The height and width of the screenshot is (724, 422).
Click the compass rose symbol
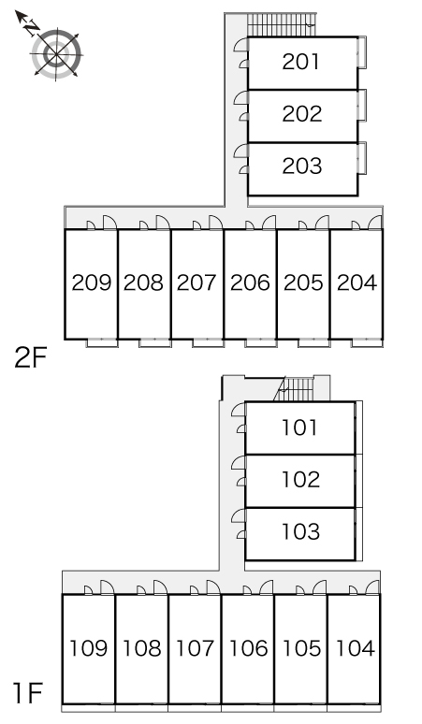click(56, 54)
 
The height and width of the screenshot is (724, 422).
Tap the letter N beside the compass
click(32, 29)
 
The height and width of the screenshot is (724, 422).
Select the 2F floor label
click(31, 357)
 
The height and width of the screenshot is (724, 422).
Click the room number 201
click(300, 62)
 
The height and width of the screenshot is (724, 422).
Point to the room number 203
click(302, 167)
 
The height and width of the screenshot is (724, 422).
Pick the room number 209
click(92, 282)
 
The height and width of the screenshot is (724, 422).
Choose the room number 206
click(250, 282)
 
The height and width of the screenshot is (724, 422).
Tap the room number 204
click(357, 282)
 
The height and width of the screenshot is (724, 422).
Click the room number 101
click(299, 427)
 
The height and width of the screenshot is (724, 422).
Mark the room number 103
click(300, 532)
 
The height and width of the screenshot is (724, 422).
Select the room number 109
click(88, 648)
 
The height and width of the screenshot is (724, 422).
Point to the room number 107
click(196, 648)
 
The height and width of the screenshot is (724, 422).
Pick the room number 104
click(355, 648)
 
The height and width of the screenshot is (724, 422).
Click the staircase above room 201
click(282, 25)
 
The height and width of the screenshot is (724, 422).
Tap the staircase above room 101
click(296, 389)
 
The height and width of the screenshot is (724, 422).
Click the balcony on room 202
click(362, 106)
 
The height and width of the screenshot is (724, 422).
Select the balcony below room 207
click(209, 343)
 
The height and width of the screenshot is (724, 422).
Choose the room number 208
click(143, 282)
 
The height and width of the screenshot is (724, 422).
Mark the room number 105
click(301, 648)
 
